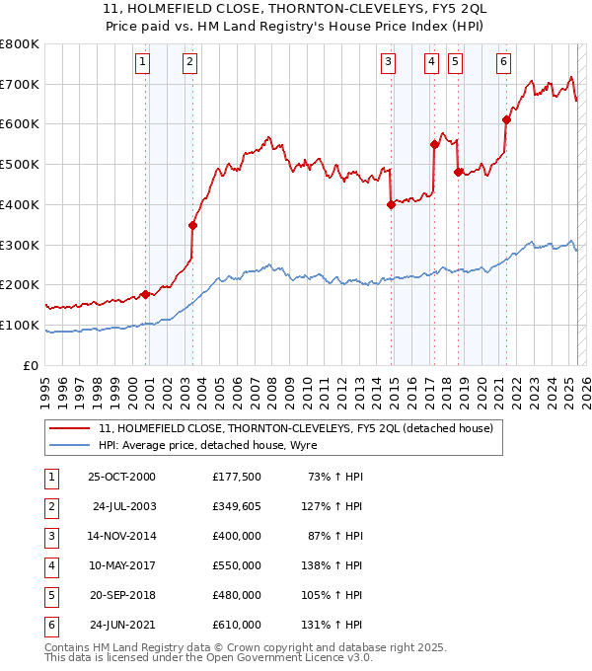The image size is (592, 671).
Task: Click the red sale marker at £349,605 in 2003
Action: pos(193,225)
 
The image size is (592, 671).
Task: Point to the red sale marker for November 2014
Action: pos(391,205)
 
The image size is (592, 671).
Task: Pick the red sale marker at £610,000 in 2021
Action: pos(506,120)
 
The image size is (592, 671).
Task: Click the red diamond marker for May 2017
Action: pos(434,144)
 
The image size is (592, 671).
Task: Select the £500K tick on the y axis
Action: pos(20,165)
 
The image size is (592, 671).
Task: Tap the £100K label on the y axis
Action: pos(20,326)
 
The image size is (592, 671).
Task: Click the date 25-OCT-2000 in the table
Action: pos(121,477)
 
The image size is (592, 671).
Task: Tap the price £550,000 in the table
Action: pos(237,565)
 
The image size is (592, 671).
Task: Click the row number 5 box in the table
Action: pos(49,595)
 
